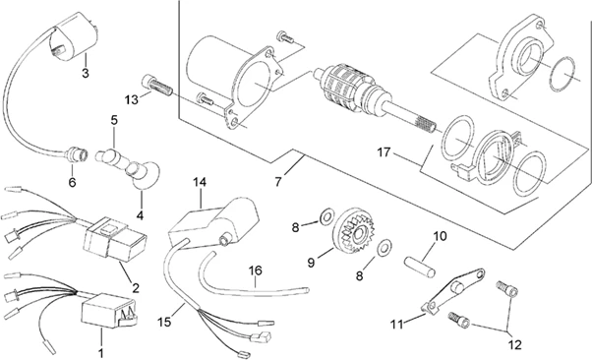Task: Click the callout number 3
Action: (x=86, y=73)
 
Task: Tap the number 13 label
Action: (x=132, y=100)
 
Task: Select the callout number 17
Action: (x=384, y=152)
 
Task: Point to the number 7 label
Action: (x=278, y=182)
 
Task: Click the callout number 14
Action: (x=200, y=182)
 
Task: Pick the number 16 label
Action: (x=256, y=270)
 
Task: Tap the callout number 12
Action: (x=515, y=344)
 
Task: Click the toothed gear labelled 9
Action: (x=354, y=231)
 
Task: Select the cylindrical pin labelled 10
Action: (x=420, y=267)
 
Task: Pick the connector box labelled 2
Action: (x=115, y=239)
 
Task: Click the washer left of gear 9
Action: (x=326, y=216)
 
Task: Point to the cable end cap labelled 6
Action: (x=77, y=154)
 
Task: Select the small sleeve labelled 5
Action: (x=110, y=158)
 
